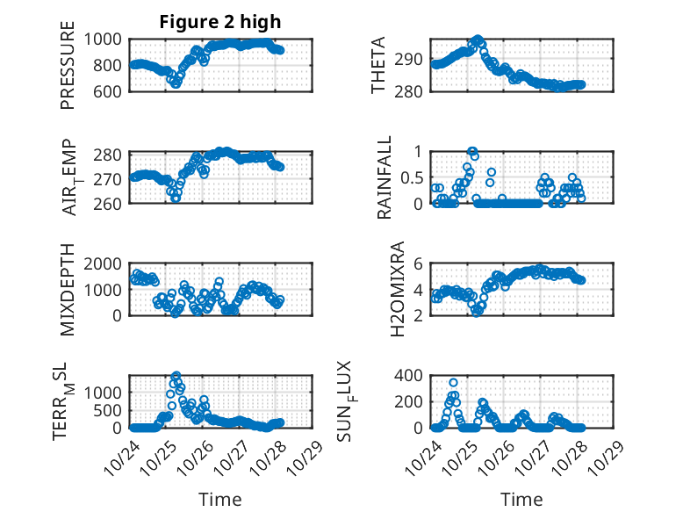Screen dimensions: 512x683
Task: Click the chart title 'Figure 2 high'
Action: pos(219,22)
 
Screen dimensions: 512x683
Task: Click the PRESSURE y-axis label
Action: pos(68,71)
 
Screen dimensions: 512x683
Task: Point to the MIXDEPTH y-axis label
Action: pos(68,291)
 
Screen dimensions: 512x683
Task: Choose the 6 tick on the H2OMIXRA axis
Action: pos(421,264)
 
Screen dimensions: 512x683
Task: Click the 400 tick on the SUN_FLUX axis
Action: pos(413,376)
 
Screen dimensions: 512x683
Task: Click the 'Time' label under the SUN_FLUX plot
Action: pos(521,500)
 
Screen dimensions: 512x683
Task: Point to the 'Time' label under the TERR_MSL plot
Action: pos(220,500)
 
